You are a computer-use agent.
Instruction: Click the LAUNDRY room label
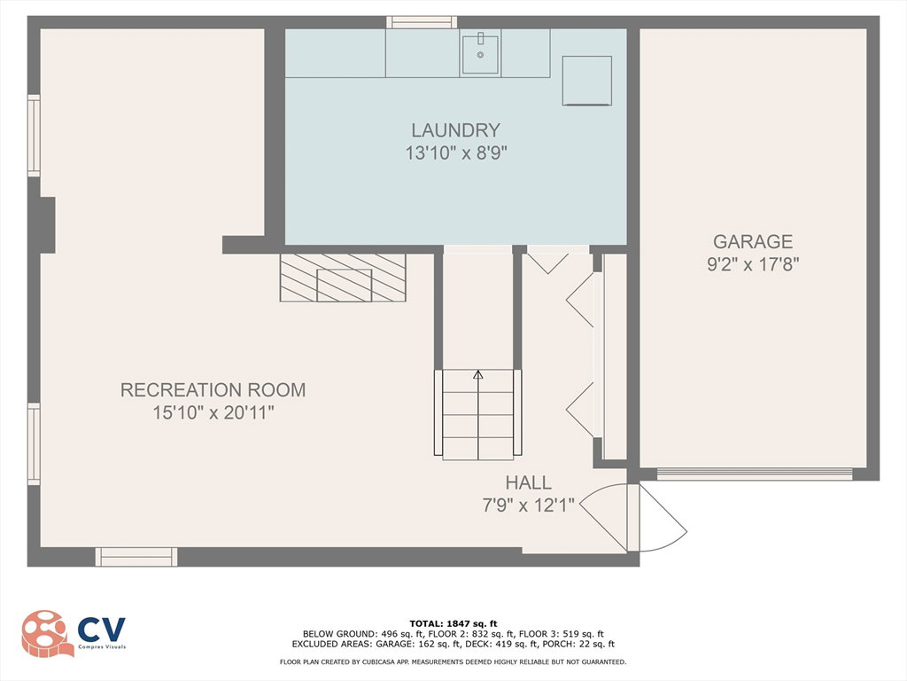(x=455, y=129)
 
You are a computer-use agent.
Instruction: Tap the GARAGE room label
(x=753, y=241)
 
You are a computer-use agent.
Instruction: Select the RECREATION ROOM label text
(x=213, y=390)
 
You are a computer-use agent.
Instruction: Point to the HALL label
(x=528, y=482)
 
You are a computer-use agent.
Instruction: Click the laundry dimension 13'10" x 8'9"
(x=456, y=153)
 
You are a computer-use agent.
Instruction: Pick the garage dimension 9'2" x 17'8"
(x=753, y=264)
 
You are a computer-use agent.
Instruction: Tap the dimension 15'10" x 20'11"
(x=213, y=413)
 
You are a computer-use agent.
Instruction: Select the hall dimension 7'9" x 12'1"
(x=528, y=505)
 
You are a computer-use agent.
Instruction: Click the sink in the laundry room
(x=480, y=52)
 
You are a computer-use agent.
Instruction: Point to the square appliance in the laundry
(x=586, y=81)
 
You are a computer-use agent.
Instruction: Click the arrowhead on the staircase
(x=477, y=375)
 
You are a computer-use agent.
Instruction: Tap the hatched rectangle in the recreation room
(x=343, y=278)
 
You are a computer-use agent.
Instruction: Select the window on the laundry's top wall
(x=422, y=22)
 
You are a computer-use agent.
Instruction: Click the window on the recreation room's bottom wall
(x=136, y=557)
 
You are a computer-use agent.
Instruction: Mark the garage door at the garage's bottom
(x=755, y=474)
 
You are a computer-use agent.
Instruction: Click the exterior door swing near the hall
(x=663, y=518)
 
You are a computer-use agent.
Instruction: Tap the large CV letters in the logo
(x=101, y=630)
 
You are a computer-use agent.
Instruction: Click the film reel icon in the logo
(x=46, y=633)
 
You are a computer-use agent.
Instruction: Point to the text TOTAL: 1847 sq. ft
(x=453, y=623)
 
